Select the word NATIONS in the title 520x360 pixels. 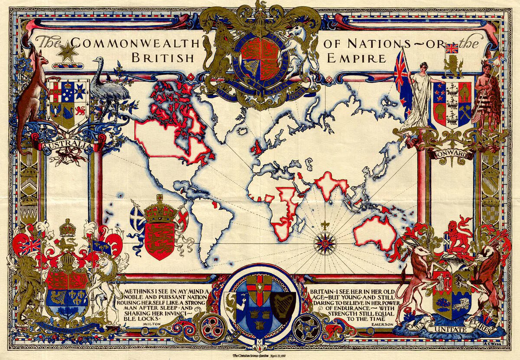[381, 43]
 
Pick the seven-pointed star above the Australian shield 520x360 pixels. [68, 53]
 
